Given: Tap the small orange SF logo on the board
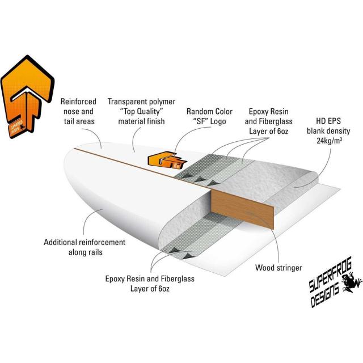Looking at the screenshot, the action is (x=167, y=160).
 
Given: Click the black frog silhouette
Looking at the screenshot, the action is (x=351, y=281).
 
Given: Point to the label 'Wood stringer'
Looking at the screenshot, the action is (x=278, y=268).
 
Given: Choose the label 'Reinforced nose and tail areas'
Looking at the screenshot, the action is (x=78, y=111).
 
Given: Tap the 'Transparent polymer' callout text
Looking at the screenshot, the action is (x=141, y=102).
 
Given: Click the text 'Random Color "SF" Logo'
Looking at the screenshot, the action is (x=209, y=116).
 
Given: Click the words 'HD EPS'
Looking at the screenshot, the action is (x=328, y=121).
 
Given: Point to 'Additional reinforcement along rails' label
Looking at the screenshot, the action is (x=85, y=247).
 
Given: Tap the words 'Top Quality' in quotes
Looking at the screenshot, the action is (x=141, y=112).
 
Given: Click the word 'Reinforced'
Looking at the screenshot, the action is (x=78, y=102).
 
